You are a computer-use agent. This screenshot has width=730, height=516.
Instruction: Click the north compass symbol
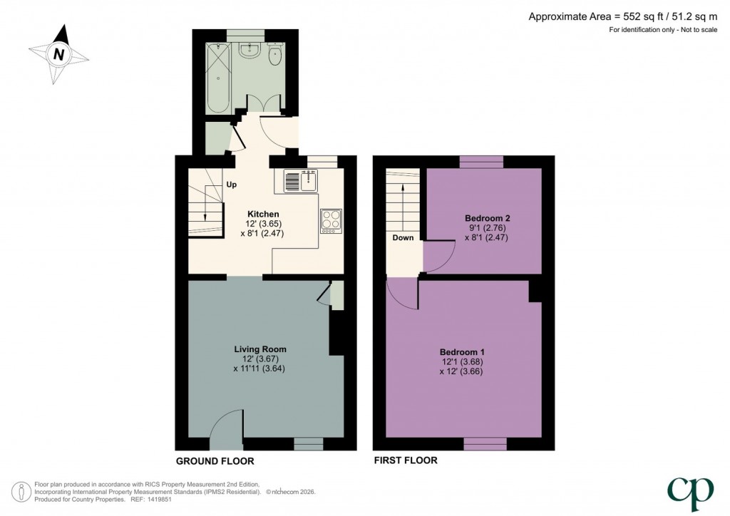[58, 54]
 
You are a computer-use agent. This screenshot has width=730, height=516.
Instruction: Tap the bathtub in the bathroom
[217, 76]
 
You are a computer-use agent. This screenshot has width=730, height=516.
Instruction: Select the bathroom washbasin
[250, 51]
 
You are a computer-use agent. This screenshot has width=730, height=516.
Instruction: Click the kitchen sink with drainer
[299, 181]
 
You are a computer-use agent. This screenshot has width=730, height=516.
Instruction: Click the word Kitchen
[263, 214]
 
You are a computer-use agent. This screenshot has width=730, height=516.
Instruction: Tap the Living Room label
[260, 349]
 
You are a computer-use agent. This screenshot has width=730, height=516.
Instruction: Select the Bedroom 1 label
[462, 352]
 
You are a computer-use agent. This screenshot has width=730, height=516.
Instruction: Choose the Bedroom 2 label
[487, 217]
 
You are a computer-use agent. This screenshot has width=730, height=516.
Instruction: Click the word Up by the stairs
[232, 185]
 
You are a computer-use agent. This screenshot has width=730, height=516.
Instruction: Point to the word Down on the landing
[403, 238]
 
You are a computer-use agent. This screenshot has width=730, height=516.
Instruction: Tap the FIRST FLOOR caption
[406, 461]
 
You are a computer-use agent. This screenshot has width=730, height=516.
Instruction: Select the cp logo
[690, 490]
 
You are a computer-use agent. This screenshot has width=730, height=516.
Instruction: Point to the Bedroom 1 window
[485, 444]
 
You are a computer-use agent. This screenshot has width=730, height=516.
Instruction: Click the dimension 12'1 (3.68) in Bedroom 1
[462, 362]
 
